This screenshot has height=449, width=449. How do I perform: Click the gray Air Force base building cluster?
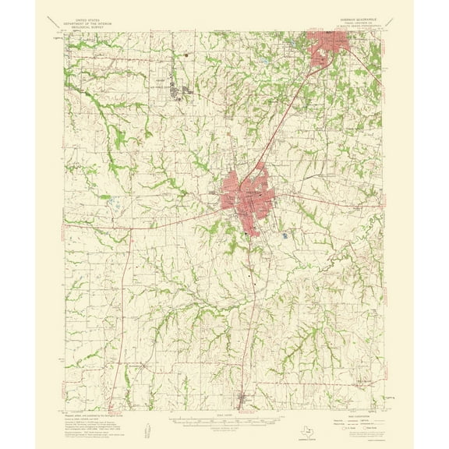pyautogui.click(x=186, y=94)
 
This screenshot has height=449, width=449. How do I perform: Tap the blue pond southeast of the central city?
pyautogui.click(x=285, y=234)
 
